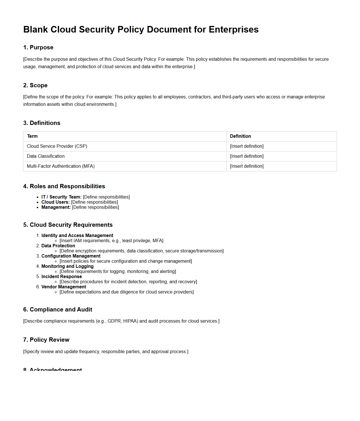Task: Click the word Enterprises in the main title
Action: (x=233, y=29)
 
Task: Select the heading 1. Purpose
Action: (x=38, y=47)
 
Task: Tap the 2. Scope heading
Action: (x=35, y=85)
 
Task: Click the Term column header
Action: (x=32, y=136)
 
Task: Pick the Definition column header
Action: (x=240, y=136)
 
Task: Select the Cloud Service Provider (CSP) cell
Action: (x=57, y=146)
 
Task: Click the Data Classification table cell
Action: (x=46, y=156)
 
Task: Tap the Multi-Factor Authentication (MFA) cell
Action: (x=61, y=166)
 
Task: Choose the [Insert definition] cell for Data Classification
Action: (x=247, y=156)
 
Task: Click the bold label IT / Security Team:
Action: (x=61, y=197)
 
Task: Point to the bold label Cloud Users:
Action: (x=55, y=202)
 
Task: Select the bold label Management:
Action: (x=56, y=207)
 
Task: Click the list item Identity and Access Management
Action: (x=77, y=236)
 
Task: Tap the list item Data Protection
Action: (x=58, y=246)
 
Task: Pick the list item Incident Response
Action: (x=62, y=277)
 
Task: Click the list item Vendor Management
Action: (x=64, y=287)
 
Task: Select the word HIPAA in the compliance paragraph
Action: (x=131, y=321)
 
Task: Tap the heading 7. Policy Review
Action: (x=46, y=340)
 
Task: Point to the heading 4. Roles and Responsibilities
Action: (x=64, y=186)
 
